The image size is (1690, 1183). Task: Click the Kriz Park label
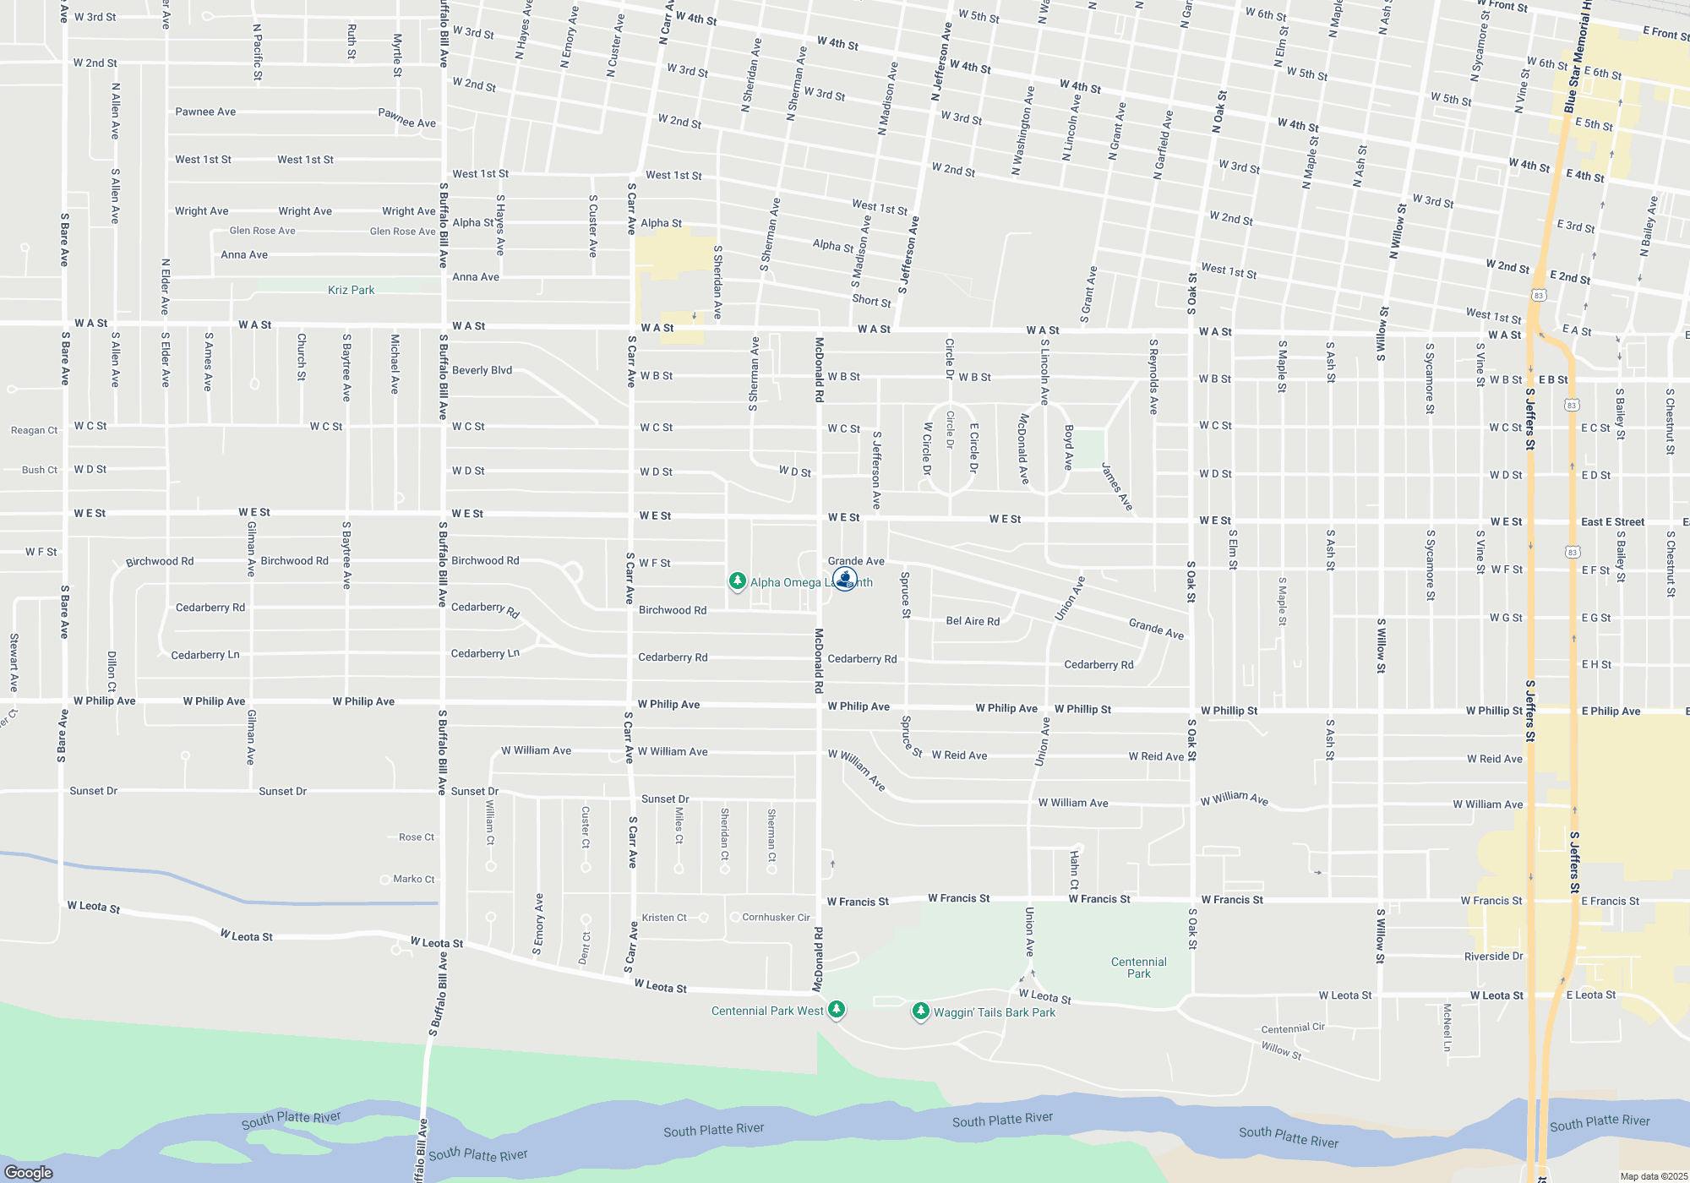pyautogui.click(x=351, y=290)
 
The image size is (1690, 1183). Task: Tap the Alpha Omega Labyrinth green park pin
pyautogui.click(x=738, y=581)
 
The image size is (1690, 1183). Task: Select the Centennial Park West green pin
pyautogui.click(x=837, y=1009)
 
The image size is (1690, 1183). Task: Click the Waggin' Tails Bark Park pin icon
pyautogui.click(x=921, y=1011)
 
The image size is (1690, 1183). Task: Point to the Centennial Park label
pyautogui.click(x=1138, y=968)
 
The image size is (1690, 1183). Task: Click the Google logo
pyautogui.click(x=29, y=1172)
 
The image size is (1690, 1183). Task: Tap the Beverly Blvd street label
pyautogui.click(x=482, y=370)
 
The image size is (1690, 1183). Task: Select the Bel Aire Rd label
pyautogui.click(x=973, y=621)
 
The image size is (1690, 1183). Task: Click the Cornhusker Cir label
pyautogui.click(x=776, y=917)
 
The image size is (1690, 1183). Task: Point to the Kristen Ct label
pyautogui.click(x=664, y=918)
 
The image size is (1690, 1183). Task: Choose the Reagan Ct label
pyautogui.click(x=34, y=430)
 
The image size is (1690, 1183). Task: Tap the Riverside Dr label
pyautogui.click(x=1493, y=957)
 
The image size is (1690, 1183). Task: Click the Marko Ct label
pyautogui.click(x=413, y=879)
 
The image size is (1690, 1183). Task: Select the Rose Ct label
pyautogui.click(x=416, y=837)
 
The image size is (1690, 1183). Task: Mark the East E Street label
pyautogui.click(x=1612, y=522)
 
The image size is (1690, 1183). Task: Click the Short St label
pyautogui.click(x=871, y=300)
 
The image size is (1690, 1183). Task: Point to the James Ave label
pyautogui.click(x=1116, y=487)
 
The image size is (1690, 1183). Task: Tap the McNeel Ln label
pyautogui.click(x=1447, y=1027)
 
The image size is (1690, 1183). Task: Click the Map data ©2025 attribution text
pyautogui.click(x=1653, y=1176)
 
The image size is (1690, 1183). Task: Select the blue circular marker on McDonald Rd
pyautogui.click(x=845, y=579)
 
